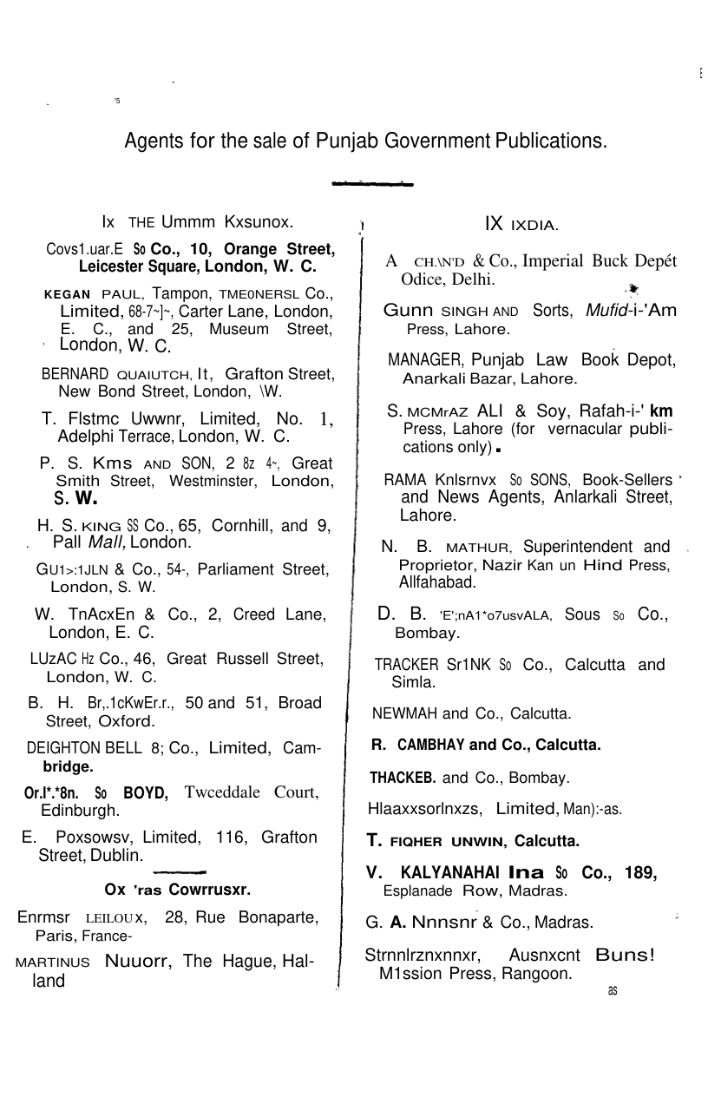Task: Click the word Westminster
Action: coord(216,482)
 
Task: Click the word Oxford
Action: coord(127,721)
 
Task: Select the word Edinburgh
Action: coord(80,811)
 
